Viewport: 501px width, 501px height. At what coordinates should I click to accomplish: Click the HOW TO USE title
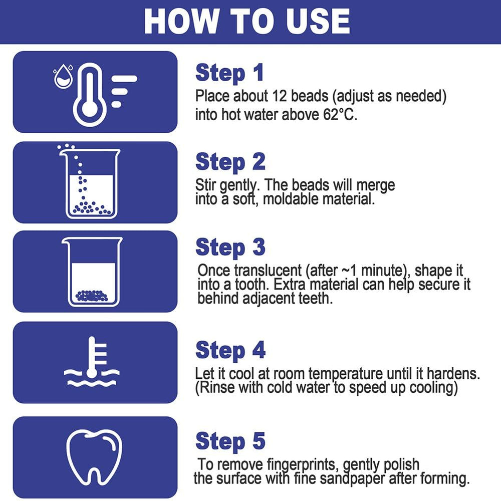point(247,21)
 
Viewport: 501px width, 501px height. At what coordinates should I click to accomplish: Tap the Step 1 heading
point(230,73)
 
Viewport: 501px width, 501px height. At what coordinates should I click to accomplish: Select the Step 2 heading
point(230,162)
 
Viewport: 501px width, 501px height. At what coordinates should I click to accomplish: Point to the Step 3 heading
point(230,247)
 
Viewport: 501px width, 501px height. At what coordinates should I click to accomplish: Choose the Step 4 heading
point(230,351)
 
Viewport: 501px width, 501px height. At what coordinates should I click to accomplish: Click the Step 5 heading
point(230,441)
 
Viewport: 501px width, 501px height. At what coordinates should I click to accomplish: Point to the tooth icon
point(94,457)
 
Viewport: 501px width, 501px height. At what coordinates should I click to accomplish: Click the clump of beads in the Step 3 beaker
point(92,296)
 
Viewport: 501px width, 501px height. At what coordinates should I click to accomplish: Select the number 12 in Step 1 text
point(280,96)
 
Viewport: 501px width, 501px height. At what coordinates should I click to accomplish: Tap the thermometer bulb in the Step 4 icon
point(92,373)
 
